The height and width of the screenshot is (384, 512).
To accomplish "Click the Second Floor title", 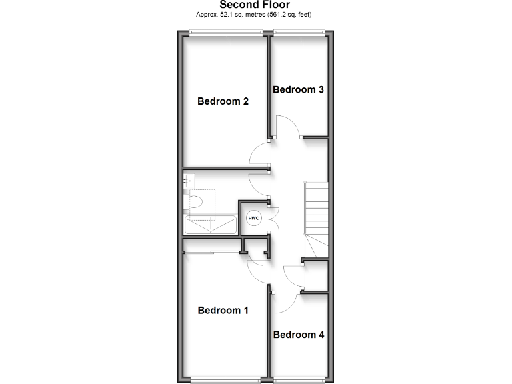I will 255,5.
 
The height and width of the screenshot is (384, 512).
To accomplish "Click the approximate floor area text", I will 255,14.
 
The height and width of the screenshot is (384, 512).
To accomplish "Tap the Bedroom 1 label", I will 223,310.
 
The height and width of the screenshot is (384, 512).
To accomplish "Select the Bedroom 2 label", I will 223,101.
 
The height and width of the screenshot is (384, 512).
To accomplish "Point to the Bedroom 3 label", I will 298,89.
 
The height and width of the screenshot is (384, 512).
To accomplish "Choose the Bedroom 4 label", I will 299,335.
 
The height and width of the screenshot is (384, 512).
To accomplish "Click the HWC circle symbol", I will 253,218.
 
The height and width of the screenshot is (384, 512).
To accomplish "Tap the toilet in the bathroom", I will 195,201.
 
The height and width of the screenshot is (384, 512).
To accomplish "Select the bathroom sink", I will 189,179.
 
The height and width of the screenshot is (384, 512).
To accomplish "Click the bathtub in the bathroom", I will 210,225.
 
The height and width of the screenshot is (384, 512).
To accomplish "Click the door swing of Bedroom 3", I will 287,127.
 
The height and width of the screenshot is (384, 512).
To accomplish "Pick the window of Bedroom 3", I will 299,32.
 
